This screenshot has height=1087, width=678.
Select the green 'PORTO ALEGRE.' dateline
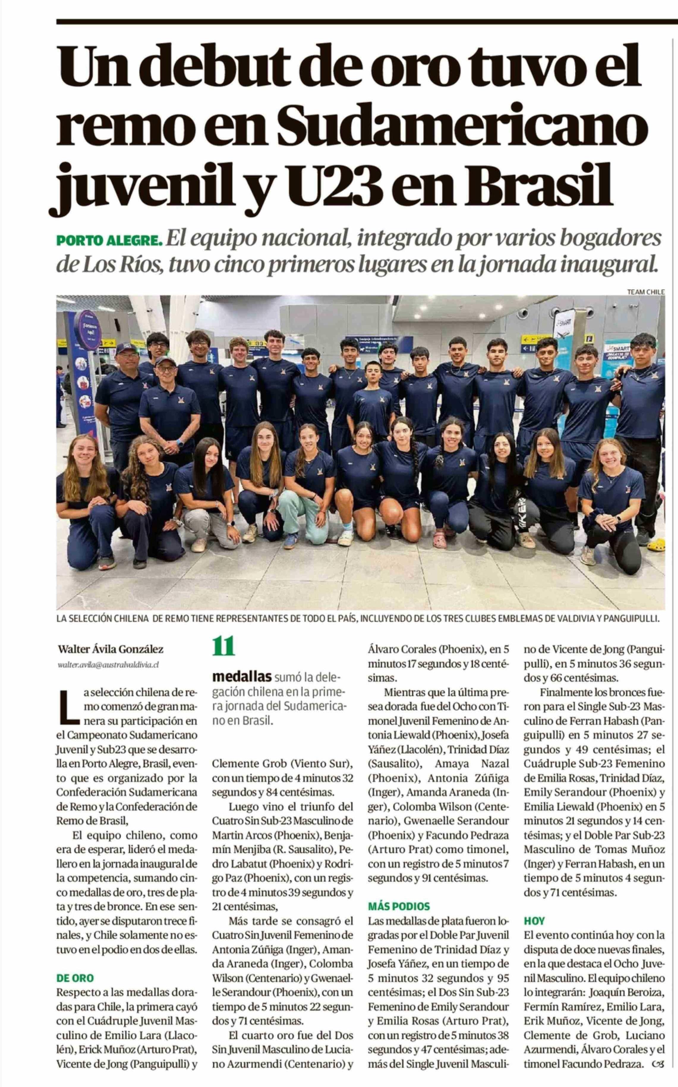click(x=109, y=241)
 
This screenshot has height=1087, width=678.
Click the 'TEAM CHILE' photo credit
click(x=646, y=292)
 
